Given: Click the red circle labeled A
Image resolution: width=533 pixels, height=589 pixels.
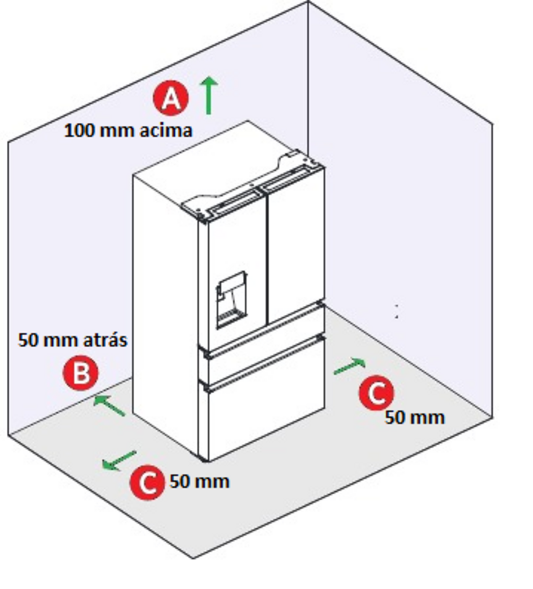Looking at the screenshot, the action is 171,98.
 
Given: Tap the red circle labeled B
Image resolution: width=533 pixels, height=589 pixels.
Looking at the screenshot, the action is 81,373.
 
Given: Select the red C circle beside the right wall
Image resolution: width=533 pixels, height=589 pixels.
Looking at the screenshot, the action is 376,392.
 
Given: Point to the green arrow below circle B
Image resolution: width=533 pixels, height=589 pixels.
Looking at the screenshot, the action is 109,405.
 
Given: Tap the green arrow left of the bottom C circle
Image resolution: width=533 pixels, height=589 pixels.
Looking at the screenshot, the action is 119,460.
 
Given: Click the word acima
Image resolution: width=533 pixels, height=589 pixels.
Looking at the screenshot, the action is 165,130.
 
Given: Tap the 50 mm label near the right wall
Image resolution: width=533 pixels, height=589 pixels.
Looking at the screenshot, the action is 415,417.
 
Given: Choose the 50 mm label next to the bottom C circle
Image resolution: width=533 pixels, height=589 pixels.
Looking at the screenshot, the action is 200,481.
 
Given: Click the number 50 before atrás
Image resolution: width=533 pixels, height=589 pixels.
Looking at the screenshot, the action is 28,340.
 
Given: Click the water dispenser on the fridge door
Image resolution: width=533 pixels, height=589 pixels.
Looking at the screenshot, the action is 231,300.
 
